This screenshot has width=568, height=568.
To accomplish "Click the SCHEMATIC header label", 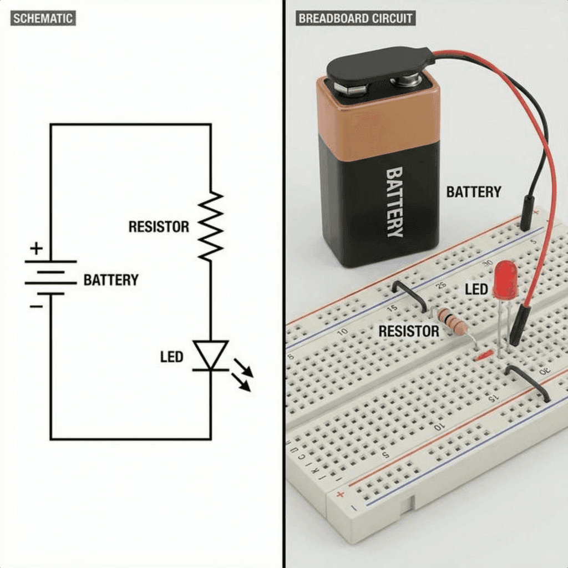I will click(43, 18).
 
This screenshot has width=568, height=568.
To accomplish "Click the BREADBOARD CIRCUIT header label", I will click(356, 18).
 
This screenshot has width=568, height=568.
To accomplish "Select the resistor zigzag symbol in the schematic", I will click(210, 226).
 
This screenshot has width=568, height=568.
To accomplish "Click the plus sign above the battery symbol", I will click(36, 248).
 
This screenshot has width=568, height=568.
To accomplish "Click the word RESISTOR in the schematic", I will click(159, 226).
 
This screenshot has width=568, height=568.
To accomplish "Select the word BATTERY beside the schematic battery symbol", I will click(111, 280).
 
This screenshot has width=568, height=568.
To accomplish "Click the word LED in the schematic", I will click(171, 357).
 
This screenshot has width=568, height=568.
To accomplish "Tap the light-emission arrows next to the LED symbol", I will click(241, 374).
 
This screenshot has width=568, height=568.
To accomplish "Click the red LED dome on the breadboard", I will click(505, 280).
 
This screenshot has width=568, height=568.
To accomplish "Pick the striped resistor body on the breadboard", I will click(452, 322).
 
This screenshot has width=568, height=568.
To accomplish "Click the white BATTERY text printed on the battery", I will click(394, 202).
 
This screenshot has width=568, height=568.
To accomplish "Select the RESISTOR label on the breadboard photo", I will click(408, 332).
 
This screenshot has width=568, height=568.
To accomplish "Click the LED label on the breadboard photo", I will click(476, 289).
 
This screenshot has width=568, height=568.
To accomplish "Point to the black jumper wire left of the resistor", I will click(409, 294).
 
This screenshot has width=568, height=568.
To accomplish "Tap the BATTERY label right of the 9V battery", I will click(473, 192).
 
